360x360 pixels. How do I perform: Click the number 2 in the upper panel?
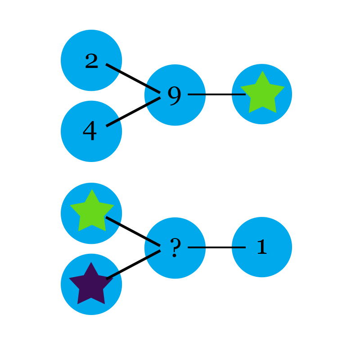click(91, 61)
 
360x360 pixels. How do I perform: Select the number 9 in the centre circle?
click(174, 95)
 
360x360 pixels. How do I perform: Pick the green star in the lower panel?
click(92, 211)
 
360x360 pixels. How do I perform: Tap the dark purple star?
click(91, 285)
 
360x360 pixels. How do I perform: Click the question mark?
click(175, 248)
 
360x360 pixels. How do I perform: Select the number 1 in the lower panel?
click(261, 247)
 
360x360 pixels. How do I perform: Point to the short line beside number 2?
click(113, 68)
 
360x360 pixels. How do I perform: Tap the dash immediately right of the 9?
click(196, 94)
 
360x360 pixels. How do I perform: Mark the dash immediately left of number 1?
click(239, 247)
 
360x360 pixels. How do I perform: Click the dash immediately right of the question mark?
click(196, 247)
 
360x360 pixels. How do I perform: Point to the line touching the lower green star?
click(113, 221)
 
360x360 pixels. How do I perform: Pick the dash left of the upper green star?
click(239, 94)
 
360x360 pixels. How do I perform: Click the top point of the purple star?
click(91, 263)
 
